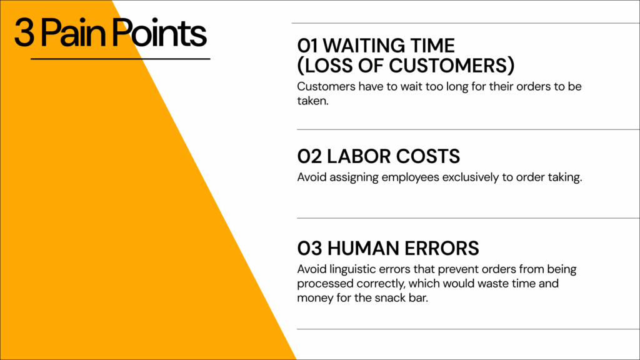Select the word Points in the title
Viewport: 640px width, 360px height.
coord(159,32)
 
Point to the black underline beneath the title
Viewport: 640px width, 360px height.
coord(121,59)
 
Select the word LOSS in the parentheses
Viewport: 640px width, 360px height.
coord(329,66)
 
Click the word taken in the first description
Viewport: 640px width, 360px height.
coord(312,101)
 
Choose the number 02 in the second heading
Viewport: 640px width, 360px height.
coord(309,156)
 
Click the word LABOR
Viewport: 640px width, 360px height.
coord(359,156)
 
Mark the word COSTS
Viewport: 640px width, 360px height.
coord(427,156)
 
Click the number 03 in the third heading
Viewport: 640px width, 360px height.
coord(309,248)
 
